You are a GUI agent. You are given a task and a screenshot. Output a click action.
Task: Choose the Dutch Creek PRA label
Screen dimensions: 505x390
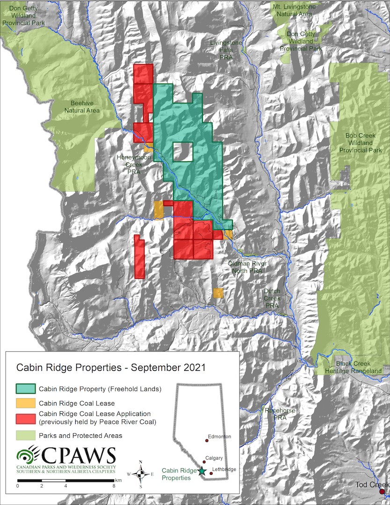tap(272, 297)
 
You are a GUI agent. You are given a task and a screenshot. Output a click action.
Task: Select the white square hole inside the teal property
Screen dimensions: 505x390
tap(182, 151)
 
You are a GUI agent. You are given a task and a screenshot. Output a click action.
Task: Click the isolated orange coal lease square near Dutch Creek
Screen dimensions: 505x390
tap(218, 293)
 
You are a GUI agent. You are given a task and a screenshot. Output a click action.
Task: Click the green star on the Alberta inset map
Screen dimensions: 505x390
tap(202, 471)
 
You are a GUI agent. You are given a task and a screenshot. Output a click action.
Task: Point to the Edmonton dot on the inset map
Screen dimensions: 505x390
tap(206, 440)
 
